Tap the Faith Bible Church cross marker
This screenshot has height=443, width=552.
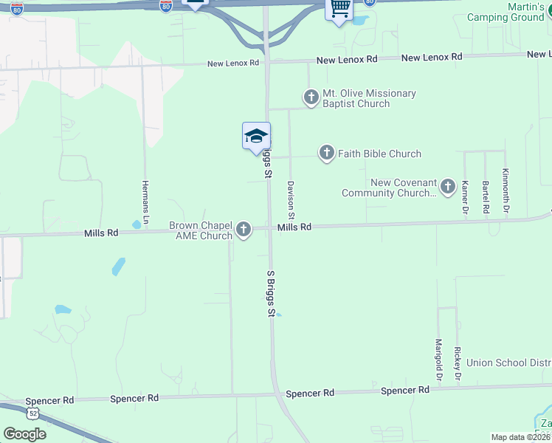click(327, 154)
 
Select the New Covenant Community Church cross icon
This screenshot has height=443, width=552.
click(447, 188)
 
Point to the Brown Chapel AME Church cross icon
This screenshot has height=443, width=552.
click(244, 230)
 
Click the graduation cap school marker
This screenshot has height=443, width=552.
click(256, 136)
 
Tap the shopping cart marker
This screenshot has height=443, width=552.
click(339, 9)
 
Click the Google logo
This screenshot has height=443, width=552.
click(24, 434)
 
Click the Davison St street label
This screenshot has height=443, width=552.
click(291, 200)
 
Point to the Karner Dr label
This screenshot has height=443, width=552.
click(466, 197)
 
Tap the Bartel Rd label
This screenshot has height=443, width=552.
click(486, 197)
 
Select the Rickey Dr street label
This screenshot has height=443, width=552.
click(458, 359)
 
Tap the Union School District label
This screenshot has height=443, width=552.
click(508, 363)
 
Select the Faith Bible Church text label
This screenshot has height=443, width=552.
click(379, 154)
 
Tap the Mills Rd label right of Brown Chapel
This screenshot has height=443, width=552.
click(294, 227)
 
